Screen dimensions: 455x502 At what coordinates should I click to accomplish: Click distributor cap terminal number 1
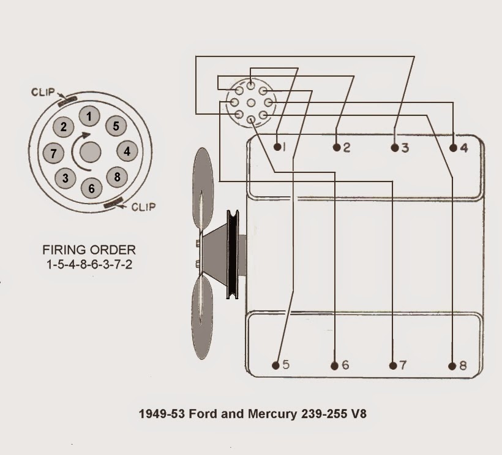91,116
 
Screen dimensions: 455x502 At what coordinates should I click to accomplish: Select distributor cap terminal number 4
127,151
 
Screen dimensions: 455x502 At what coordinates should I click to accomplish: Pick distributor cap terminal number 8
116,177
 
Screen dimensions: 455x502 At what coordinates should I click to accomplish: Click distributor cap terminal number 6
91,188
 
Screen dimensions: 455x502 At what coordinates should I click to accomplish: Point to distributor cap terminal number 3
65,178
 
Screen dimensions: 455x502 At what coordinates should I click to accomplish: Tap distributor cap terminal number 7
54,153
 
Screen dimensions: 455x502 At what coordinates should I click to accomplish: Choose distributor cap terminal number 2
64,127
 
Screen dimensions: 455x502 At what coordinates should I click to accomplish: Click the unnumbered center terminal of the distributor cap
91,151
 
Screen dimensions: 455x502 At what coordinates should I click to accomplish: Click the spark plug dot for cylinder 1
277,147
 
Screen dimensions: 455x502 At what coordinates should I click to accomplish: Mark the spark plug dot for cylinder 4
453,148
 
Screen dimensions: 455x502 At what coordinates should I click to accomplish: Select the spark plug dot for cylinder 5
276,365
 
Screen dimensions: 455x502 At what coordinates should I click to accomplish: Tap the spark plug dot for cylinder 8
452,366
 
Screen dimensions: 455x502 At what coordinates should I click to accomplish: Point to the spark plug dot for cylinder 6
334,366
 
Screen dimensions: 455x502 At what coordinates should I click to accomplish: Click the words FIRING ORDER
89,250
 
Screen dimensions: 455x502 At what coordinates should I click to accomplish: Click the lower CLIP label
143,207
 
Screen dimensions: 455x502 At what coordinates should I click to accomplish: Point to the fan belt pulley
233,255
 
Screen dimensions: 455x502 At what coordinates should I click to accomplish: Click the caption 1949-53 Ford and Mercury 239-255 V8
253,414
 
